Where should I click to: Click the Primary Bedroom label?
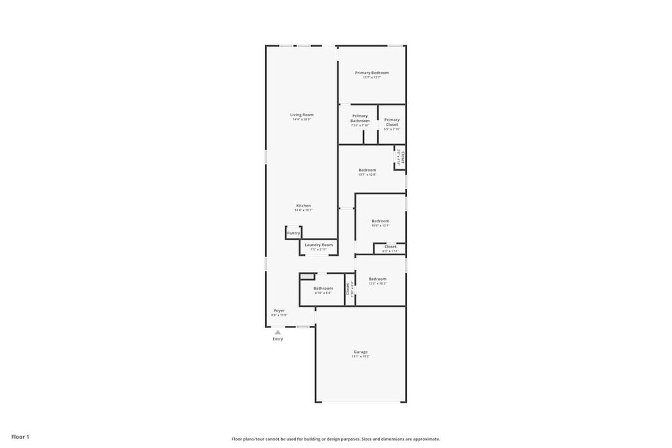coord(371,73)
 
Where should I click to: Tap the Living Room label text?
coord(302,115)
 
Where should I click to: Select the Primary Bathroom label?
coord(360,118)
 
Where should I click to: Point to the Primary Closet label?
coord(392,122)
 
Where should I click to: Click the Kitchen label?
coord(303,205)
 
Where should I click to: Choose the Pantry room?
coord(293,233)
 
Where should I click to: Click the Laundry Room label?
coord(318,245)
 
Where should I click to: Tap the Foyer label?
coord(279,310)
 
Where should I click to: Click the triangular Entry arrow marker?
coord(278,333)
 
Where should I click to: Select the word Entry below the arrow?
coord(278,339)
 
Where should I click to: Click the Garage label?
coord(361,352)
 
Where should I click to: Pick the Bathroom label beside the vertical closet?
coord(322,288)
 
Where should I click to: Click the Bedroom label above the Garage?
coord(377,279)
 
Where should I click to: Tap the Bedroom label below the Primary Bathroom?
coord(367,170)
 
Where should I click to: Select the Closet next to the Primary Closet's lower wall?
coord(401,157)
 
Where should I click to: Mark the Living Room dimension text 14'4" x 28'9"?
coord(302,119)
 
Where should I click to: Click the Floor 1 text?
coord(20,436)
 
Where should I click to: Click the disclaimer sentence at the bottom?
coord(335,439)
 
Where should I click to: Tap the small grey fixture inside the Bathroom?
coord(304,276)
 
